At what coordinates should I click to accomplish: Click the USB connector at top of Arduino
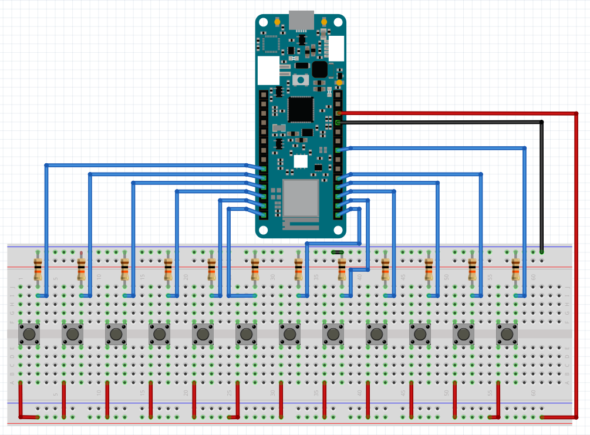tap(301, 20)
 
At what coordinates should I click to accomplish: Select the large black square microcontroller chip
tap(301, 109)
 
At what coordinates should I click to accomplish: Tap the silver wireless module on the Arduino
tap(300, 198)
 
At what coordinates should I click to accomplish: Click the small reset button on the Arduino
tap(301, 80)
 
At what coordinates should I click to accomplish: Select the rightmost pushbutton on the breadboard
tap(507, 334)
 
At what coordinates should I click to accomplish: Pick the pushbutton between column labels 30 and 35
tap(289, 334)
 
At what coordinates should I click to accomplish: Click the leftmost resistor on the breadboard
tap(38, 269)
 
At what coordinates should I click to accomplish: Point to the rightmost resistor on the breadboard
tap(515, 269)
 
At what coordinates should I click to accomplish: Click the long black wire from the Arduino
tap(440, 122)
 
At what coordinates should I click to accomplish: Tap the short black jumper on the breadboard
tap(338, 252)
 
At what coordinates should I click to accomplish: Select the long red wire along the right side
tap(576, 264)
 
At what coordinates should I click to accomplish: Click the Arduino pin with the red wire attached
tap(338, 113)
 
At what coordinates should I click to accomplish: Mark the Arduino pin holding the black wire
tap(338, 122)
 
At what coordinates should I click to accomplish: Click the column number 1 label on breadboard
tap(20, 279)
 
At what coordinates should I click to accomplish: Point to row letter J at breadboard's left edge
tap(11, 287)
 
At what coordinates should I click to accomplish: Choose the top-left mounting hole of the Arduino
tap(264, 22)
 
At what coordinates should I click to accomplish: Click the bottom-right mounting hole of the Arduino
tap(338, 230)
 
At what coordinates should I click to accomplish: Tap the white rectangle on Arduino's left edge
tap(268, 70)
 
